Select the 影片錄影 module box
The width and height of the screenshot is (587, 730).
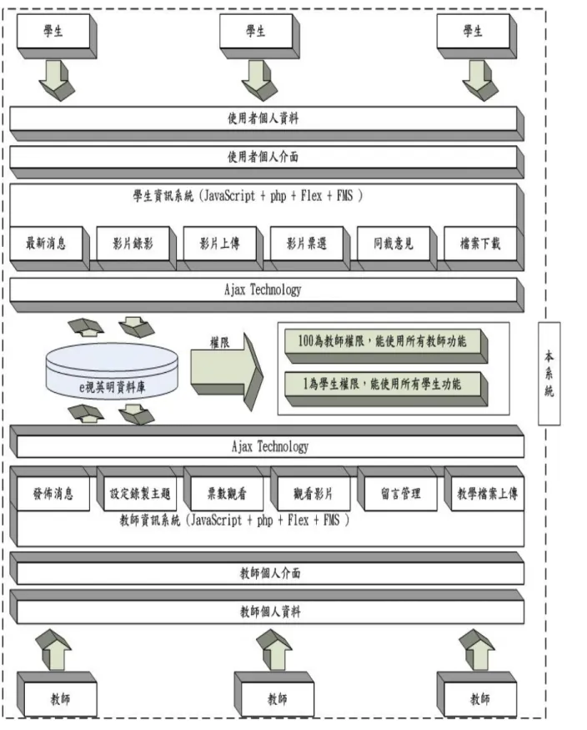click(136, 248)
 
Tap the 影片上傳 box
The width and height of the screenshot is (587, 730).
click(223, 248)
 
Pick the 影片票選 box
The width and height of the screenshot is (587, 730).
click(310, 248)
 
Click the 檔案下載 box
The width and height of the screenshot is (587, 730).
click(484, 248)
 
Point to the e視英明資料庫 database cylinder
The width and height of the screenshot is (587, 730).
click(112, 371)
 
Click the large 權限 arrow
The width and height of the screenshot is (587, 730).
click(227, 371)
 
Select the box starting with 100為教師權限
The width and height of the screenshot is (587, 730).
click(386, 346)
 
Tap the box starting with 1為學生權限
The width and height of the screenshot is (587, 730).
click(386, 389)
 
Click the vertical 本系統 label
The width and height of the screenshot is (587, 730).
click(549, 374)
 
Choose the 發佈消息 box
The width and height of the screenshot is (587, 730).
click(50, 489)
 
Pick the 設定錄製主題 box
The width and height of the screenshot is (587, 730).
click(137, 489)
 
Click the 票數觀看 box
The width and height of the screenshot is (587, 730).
click(223, 489)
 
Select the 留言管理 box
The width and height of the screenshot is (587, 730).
click(398, 489)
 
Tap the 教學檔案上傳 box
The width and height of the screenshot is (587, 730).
click(484, 489)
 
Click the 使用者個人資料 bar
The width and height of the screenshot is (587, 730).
click(267, 123)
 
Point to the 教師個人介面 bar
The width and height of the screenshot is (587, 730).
click(267, 568)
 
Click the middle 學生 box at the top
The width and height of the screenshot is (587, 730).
click(259, 36)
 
